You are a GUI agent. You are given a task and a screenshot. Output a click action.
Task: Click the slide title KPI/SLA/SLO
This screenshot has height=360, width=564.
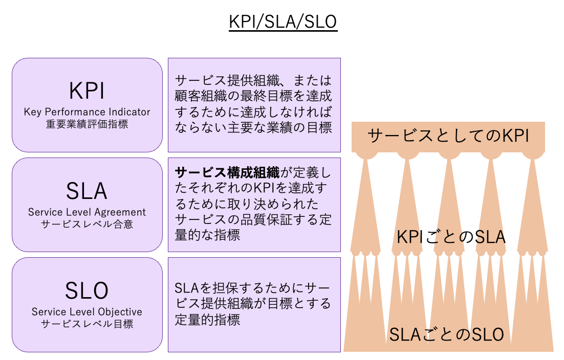(283, 22)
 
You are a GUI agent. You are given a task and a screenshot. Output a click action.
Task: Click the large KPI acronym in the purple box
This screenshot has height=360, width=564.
(87, 91)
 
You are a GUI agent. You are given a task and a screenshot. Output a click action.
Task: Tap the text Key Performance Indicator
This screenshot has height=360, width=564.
(87, 112)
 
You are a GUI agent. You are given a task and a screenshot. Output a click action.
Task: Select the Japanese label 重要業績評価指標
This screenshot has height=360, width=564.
(87, 124)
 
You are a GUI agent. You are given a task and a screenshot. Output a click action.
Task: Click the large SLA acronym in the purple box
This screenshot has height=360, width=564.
(87, 191)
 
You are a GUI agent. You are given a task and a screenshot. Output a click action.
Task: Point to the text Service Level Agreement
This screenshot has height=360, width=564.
(87, 212)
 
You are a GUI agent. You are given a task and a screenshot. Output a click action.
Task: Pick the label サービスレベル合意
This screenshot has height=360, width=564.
(87, 224)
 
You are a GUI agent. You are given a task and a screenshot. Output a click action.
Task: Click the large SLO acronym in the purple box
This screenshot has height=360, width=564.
(87, 290)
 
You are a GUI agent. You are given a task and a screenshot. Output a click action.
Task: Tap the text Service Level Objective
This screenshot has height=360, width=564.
(87, 312)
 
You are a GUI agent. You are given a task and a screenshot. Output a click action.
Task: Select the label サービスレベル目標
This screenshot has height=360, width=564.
(87, 324)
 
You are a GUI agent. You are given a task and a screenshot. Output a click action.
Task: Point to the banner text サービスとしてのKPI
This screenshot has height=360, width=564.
(448, 136)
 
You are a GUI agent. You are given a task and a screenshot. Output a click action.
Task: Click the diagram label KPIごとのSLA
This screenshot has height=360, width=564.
(451, 237)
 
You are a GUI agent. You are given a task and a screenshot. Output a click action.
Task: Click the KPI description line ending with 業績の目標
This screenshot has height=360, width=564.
(253, 127)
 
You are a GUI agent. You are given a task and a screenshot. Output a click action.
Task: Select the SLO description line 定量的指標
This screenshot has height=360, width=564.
(207, 320)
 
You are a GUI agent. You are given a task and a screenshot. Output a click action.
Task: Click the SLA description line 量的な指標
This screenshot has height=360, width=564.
(207, 235)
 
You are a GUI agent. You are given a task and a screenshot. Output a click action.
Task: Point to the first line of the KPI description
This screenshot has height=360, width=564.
(253, 81)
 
